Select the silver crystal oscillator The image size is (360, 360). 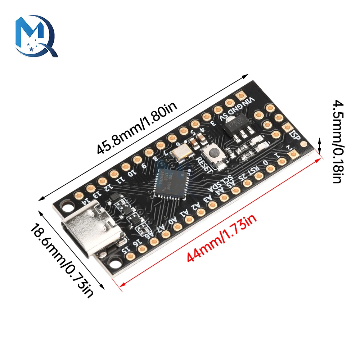pyautogui.click(x=180, y=152)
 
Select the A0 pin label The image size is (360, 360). pyautogui.click(x=173, y=220)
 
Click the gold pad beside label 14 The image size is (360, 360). pyautogui.click(x=78, y=195)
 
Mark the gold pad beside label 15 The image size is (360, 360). pyautogui.click(x=131, y=256)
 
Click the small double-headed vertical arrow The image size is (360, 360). pyautogui.click(x=320, y=146)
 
